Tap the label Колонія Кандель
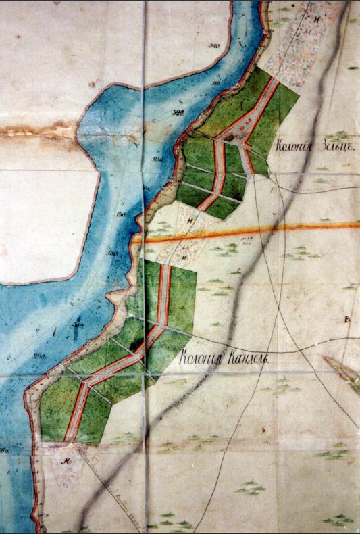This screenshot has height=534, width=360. pos(225,360)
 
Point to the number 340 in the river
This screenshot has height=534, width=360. pos(216,46)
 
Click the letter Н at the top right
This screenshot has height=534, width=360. pos(316,20)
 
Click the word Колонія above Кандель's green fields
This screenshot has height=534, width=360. pos(200,360)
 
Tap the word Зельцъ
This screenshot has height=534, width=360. pos(327,145)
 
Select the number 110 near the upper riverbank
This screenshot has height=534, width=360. pos(217,82)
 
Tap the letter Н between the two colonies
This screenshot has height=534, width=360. pos(191,218)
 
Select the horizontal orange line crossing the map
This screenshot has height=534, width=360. pos(270,230)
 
